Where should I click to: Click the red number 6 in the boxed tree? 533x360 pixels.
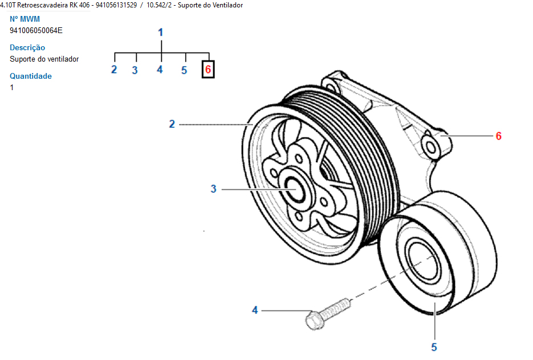(208, 69)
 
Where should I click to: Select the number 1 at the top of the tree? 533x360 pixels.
(161, 33)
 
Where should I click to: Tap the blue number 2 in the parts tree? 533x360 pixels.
(114, 70)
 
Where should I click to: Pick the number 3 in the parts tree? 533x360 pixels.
(135, 70)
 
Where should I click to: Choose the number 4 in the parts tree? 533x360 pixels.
(160, 70)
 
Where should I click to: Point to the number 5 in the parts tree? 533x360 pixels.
(184, 70)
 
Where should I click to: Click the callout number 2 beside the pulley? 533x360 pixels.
(172, 124)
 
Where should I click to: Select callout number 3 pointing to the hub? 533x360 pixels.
(214, 189)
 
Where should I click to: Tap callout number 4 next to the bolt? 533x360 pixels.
(255, 310)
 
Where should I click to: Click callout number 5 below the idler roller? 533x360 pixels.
(434, 347)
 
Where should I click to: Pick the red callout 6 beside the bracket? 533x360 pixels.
(498, 136)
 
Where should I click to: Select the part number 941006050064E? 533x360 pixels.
(36, 30)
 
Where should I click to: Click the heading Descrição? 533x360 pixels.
(27, 47)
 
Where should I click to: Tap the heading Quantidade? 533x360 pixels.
(31, 76)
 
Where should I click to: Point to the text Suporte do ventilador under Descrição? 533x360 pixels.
(44, 59)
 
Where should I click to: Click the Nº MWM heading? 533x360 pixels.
(25, 19)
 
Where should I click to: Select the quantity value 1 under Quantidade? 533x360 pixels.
(12, 87)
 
